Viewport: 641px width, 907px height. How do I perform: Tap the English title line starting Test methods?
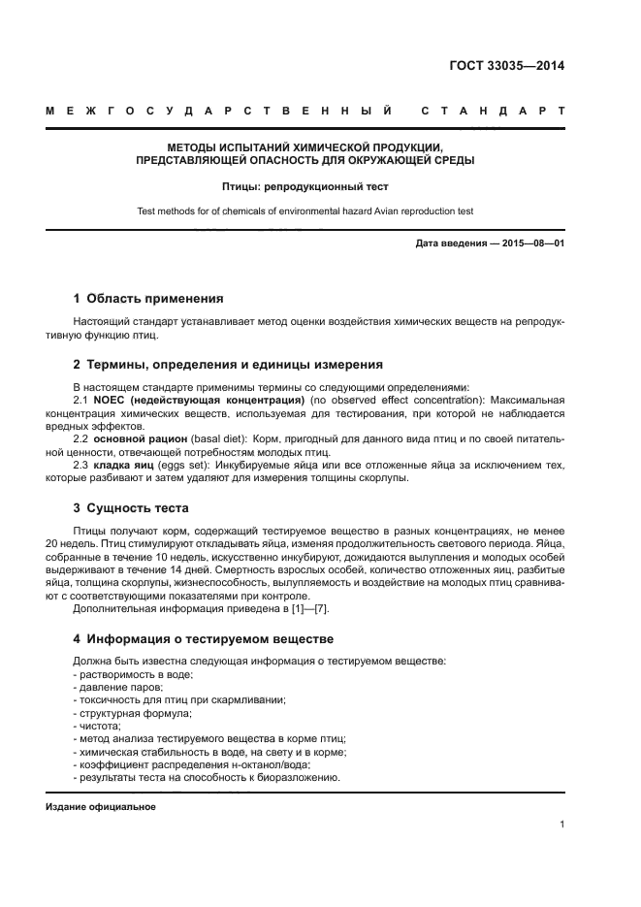click(305, 211)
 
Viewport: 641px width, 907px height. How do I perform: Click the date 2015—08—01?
click(532, 243)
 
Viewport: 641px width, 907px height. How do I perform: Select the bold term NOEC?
click(109, 400)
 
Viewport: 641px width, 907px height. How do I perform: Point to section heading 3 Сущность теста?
click(131, 507)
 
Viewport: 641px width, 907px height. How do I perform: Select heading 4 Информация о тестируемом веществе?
click(204, 639)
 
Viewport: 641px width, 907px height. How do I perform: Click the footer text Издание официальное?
click(101, 807)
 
